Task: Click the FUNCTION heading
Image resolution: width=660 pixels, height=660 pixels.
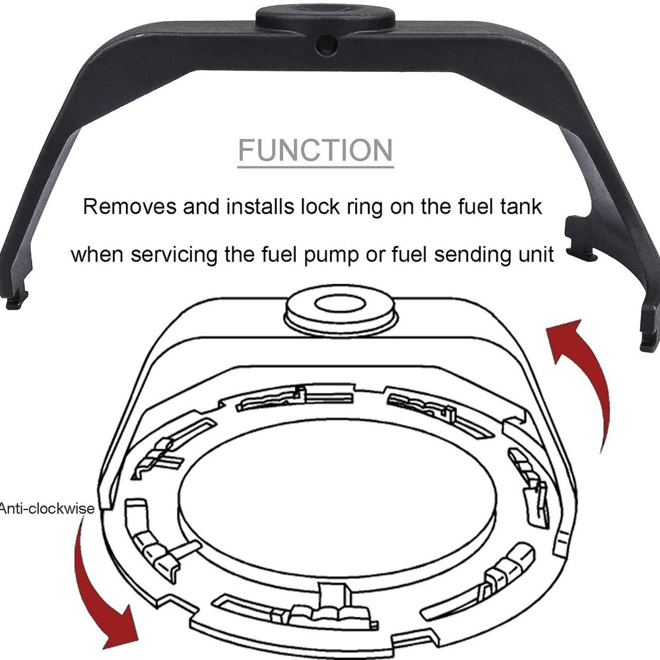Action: pos(315,150)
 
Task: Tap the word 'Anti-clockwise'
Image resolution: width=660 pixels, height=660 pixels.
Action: pos(47,508)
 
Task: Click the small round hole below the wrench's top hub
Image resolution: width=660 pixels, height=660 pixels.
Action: pos(325,44)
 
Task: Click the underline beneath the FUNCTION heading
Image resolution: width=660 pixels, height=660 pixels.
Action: pos(315,166)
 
